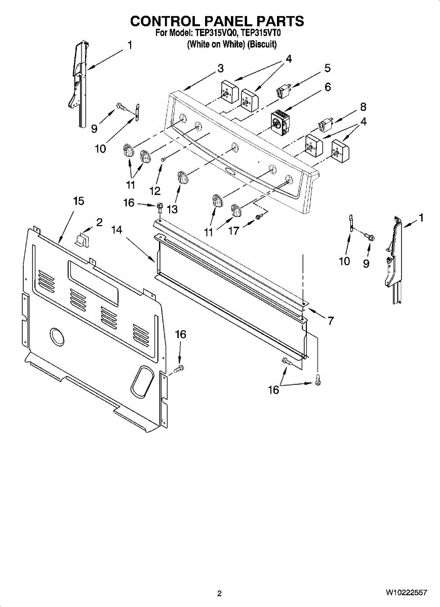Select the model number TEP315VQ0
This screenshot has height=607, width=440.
coord(213,33)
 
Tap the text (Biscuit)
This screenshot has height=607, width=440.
coord(262,45)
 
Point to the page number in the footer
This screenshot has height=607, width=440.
coord(219,593)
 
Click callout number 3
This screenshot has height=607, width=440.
coord(220,68)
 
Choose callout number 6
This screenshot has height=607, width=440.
coord(328,87)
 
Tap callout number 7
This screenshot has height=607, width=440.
coord(330,320)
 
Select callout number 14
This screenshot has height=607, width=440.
coord(117,230)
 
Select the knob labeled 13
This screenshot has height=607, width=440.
coord(183,178)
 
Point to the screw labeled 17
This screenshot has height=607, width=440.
coord(259,217)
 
